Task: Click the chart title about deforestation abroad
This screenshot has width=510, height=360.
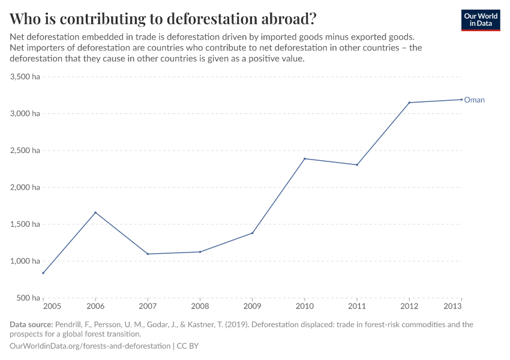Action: [163, 19]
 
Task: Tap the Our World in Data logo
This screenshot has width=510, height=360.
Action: [480, 20]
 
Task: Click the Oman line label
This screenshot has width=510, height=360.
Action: [474, 100]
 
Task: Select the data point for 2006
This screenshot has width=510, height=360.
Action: [95, 212]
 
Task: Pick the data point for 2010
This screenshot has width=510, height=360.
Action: [305, 158]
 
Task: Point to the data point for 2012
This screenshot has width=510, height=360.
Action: [409, 103]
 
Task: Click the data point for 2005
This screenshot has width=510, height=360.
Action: [43, 273]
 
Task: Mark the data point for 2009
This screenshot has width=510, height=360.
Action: [252, 233]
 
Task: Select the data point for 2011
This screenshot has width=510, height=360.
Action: [357, 164]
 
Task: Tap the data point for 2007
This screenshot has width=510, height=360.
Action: [148, 254]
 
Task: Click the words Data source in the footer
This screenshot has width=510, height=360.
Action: [31, 325]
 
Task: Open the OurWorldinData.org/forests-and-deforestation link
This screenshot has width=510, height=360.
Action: [90, 346]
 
